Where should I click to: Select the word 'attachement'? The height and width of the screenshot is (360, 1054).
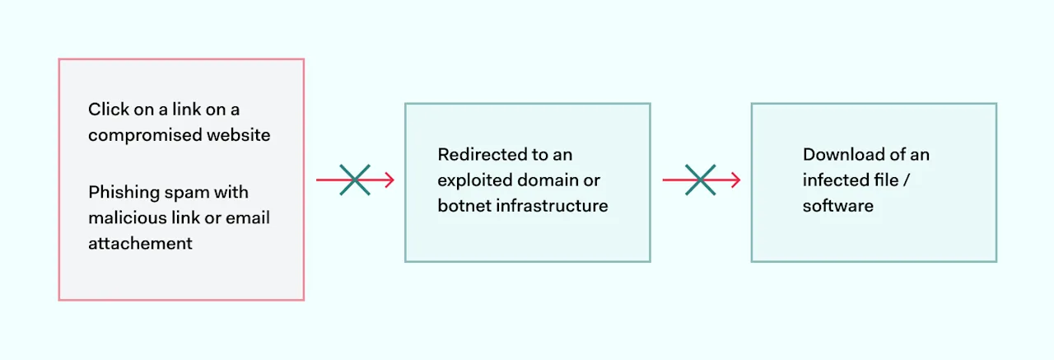[x=140, y=243]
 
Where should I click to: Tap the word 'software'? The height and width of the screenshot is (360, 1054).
[x=837, y=205]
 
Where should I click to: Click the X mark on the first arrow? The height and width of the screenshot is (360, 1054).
[x=355, y=180]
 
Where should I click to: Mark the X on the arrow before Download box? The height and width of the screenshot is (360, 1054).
[x=700, y=180]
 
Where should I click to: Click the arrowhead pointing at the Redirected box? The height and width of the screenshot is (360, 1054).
[x=389, y=180]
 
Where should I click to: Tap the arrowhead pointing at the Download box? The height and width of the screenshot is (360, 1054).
[x=735, y=180]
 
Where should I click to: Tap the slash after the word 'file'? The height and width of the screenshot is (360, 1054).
[x=906, y=180]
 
